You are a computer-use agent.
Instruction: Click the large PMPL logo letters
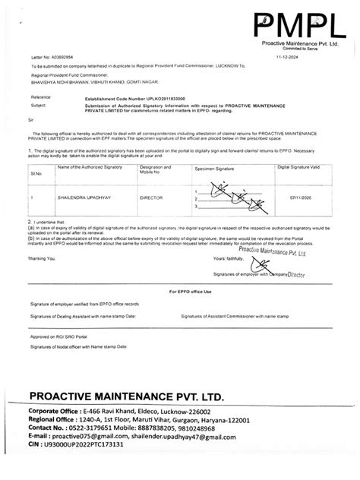(x=296, y=24)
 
